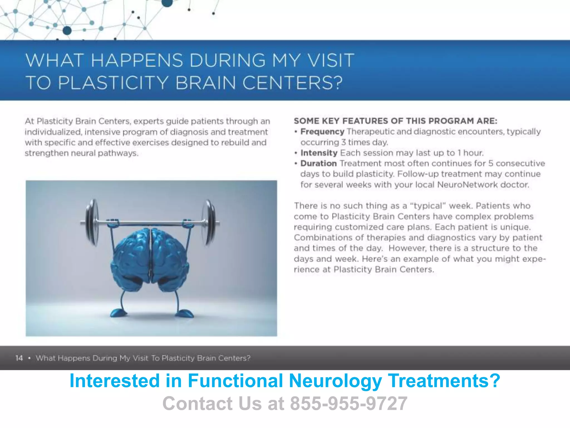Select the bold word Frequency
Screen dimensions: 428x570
click(x=322, y=132)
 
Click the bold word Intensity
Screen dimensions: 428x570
click(x=319, y=153)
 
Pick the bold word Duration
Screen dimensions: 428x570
click(x=319, y=163)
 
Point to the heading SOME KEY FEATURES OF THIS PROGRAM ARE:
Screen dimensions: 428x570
click(x=395, y=121)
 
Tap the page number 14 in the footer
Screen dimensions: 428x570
click(x=19, y=358)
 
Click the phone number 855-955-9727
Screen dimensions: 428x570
click(x=349, y=403)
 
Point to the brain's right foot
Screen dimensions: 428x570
click(x=185, y=313)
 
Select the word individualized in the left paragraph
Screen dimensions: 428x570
click(x=53, y=132)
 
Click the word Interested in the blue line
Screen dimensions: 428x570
click(x=114, y=381)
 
